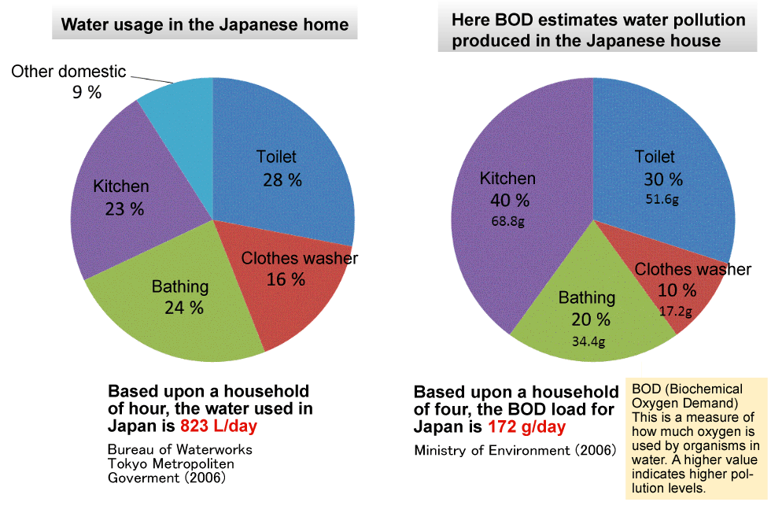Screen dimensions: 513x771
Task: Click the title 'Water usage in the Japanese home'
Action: click(205, 24)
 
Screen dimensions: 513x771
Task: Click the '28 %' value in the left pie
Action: click(282, 180)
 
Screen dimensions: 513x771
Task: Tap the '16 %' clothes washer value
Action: click(286, 279)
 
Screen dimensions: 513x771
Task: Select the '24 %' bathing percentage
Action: click(184, 308)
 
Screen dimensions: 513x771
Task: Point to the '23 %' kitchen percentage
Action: click(124, 209)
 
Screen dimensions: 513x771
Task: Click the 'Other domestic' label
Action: click(68, 72)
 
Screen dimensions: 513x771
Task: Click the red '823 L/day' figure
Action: click(219, 426)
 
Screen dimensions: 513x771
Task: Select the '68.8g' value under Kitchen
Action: click(507, 221)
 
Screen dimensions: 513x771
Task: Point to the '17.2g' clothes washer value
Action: click(675, 311)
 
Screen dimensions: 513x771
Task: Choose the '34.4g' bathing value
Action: click(589, 341)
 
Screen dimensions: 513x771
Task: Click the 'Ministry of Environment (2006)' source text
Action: click(515, 450)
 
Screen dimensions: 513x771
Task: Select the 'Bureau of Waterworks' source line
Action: click(180, 450)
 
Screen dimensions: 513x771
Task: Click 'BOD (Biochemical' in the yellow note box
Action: click(687, 389)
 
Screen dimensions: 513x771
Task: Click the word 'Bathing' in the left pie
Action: click(180, 286)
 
